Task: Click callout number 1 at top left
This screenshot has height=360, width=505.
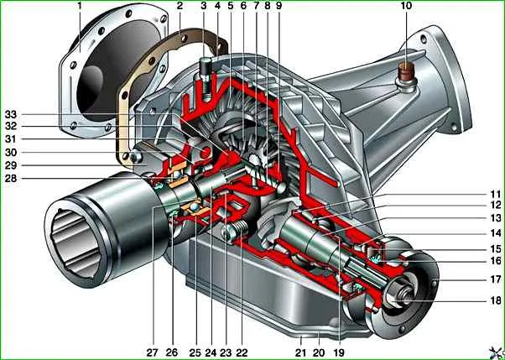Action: coord(80,7)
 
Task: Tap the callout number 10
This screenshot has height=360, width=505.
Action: coord(406,7)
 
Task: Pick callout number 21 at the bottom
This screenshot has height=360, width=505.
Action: coord(300,352)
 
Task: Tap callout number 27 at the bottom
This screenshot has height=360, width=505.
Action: coord(153,352)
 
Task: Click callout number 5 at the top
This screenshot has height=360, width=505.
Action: coord(230,7)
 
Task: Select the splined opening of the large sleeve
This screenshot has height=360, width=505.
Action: coord(75,243)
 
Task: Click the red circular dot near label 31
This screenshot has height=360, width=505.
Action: coord(206,152)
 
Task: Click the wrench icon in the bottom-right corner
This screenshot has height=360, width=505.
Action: coord(497,353)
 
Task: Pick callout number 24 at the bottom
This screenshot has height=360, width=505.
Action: coord(211,352)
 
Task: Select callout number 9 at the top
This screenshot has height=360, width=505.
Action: coord(279,7)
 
